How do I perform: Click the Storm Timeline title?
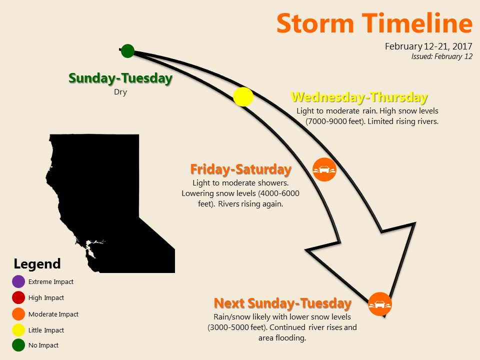click(x=374, y=23)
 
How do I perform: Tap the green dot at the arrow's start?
click(x=127, y=51)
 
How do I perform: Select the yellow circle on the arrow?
click(x=243, y=96)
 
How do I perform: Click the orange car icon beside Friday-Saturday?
click(x=324, y=169)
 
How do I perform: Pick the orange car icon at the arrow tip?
click(x=380, y=304)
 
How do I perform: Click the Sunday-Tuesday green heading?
click(x=120, y=78)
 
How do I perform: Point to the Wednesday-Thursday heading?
click(x=359, y=97)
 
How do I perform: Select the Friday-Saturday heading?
click(x=241, y=169)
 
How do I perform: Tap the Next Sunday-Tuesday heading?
click(x=282, y=303)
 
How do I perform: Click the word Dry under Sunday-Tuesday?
click(x=120, y=92)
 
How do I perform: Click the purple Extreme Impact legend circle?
click(x=18, y=281)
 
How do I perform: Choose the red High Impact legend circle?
click(x=18, y=297)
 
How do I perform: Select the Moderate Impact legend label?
click(x=53, y=314)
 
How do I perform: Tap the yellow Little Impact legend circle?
click(x=18, y=330)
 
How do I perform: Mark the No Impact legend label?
click(x=43, y=345)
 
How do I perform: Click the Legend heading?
click(x=37, y=263)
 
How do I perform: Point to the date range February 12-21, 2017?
click(x=428, y=46)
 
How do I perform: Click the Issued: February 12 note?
click(x=441, y=56)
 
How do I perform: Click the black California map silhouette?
click(x=101, y=190)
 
